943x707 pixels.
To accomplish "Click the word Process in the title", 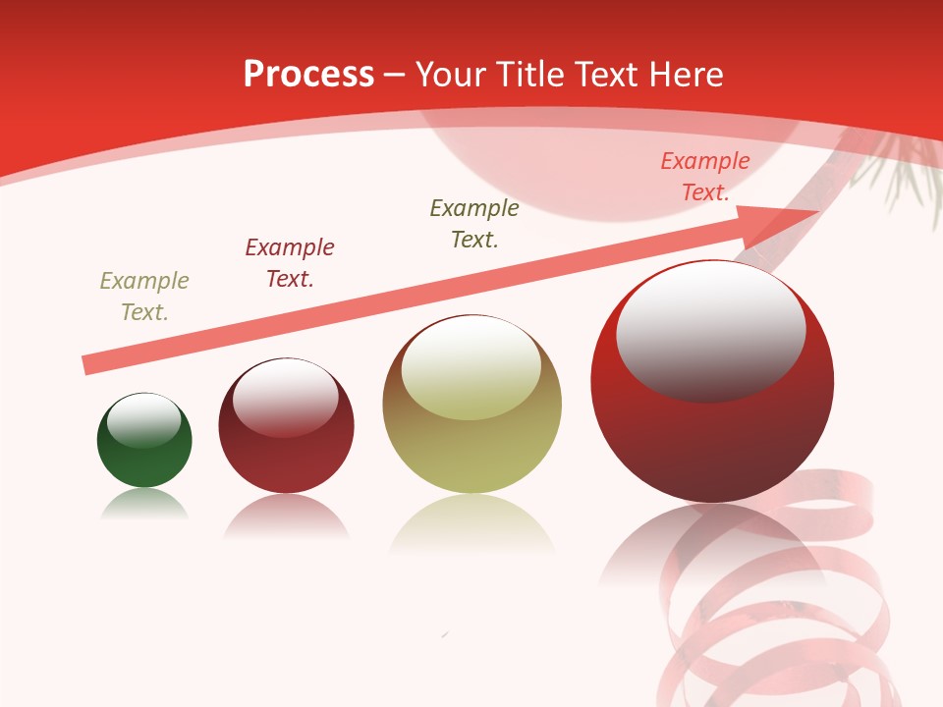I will click(308, 75).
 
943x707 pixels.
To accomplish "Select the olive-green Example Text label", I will click(144, 297).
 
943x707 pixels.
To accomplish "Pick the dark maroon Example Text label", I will click(290, 263).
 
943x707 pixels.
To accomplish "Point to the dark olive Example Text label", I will click(474, 223).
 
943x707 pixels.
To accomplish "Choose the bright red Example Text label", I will click(704, 177).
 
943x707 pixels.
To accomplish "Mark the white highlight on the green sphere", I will click(143, 418).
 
